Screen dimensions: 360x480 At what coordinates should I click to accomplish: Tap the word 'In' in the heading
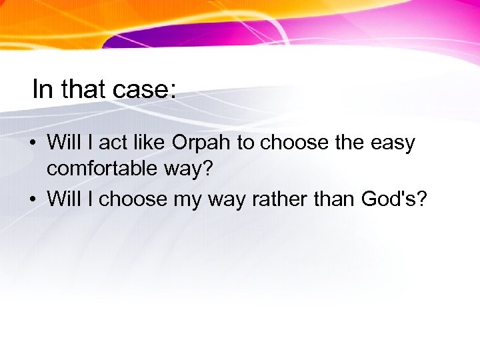42,89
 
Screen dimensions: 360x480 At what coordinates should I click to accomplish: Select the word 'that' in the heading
80,89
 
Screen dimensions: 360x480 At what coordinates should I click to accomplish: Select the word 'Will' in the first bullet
64,143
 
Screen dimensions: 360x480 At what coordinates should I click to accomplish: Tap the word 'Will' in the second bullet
64,199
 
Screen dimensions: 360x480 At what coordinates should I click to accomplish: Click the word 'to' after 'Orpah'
246,143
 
